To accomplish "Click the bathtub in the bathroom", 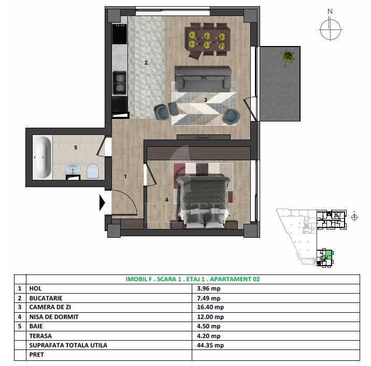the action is tap(42, 157).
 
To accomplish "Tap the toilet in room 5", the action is tap(93, 171).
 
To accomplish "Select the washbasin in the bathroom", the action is tap(73, 169).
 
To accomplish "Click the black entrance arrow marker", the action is tap(102, 203).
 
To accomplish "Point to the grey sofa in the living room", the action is tap(203, 79).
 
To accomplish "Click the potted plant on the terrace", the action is tap(288, 57).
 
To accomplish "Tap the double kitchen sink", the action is tap(120, 83).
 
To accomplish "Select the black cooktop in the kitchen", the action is tap(120, 34).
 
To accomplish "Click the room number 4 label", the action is tap(167, 200).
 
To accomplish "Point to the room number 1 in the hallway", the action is tap(125, 176).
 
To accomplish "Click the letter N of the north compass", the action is tap(330, 11).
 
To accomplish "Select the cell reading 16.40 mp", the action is tap(210, 307).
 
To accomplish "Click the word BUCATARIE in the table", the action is tap(46, 298).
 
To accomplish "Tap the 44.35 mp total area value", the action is tap(210, 345).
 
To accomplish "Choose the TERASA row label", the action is tap(40, 336).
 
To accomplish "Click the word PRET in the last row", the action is tap(36, 355).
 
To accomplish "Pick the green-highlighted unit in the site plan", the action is tap(329, 255).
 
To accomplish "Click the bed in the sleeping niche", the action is tap(203, 201).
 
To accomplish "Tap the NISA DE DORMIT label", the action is tap(54, 317).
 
